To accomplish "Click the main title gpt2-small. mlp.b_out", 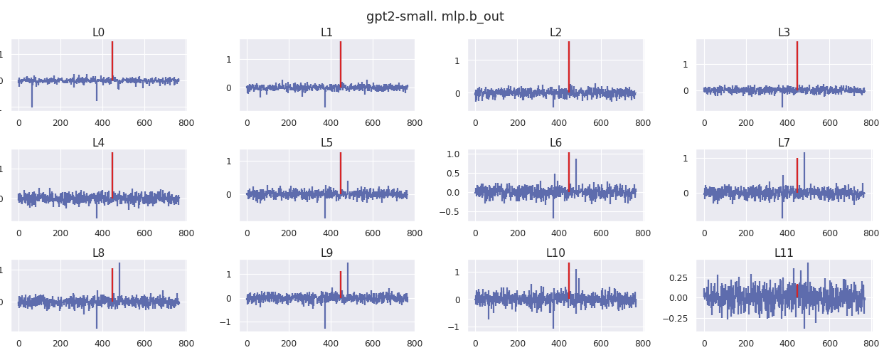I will [435, 16].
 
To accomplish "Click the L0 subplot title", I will [98, 33].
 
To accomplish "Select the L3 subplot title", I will [784, 33].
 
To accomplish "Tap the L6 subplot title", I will [555, 143].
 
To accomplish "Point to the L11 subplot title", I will [784, 253].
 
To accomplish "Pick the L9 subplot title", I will [326, 253].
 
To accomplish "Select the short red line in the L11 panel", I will [797, 290].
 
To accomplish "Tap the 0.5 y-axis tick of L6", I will [452, 173].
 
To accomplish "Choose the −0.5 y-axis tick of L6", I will [449, 211].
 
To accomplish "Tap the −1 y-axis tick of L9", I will [225, 322].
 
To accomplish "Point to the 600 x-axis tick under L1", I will [373, 123].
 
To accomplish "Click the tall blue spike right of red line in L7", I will [804, 171].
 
